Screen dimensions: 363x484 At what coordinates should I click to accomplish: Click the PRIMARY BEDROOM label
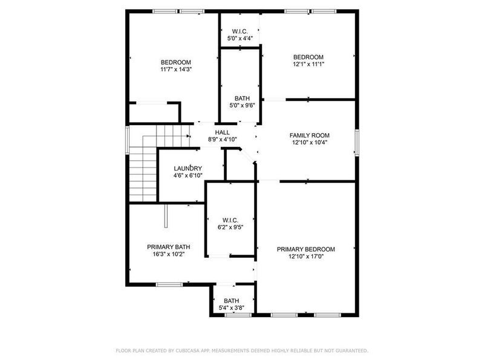(x=306, y=249)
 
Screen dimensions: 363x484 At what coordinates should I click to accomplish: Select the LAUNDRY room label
(x=188, y=168)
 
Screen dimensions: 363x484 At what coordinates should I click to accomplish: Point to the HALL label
(x=222, y=132)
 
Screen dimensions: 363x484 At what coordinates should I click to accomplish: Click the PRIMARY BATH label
(x=169, y=247)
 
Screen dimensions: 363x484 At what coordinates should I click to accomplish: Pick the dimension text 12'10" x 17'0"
(x=306, y=257)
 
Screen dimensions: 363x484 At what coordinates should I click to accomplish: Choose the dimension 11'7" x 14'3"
(x=175, y=70)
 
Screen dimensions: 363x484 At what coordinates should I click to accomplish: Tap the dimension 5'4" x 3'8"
(x=231, y=308)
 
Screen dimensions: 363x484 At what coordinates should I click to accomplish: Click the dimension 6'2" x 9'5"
(x=231, y=228)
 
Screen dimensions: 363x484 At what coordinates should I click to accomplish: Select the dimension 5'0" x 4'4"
(x=240, y=38)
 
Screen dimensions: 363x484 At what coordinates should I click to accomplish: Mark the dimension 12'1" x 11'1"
(x=309, y=65)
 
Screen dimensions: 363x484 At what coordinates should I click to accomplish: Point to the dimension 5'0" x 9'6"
(x=242, y=105)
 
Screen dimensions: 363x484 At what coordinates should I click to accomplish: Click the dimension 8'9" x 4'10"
(x=222, y=139)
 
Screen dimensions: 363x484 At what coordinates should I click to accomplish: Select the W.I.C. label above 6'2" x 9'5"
(x=231, y=220)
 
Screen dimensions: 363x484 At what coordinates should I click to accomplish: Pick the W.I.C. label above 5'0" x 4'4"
(x=240, y=31)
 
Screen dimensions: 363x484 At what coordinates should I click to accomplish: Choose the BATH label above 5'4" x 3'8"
(x=231, y=301)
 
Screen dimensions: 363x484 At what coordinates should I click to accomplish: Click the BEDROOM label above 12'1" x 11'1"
(x=309, y=57)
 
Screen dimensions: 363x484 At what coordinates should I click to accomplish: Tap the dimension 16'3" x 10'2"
(x=169, y=255)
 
